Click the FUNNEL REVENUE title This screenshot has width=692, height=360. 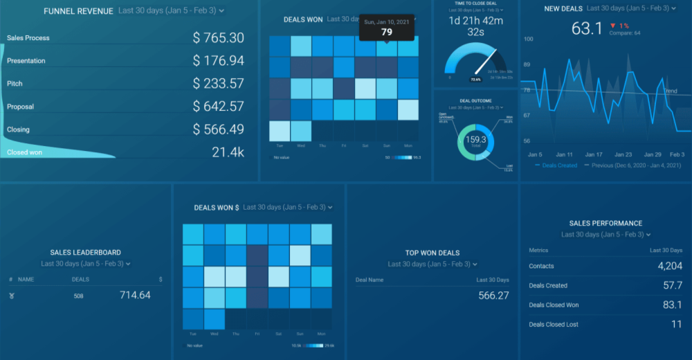tap(78, 11)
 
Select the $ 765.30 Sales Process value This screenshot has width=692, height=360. tap(219, 38)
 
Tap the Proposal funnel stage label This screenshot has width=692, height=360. tap(20, 107)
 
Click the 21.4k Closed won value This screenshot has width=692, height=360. tap(228, 152)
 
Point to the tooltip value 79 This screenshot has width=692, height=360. tap(387, 32)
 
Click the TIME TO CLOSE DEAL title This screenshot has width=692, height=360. tap(476, 3)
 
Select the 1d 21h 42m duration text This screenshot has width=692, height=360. tap(476, 20)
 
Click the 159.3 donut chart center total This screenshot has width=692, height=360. tap(475, 140)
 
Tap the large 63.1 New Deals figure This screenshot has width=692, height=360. tap(587, 28)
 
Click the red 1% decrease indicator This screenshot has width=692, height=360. tap(619, 26)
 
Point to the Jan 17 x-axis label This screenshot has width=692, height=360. tap(594, 154)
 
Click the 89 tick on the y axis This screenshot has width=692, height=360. tap(527, 64)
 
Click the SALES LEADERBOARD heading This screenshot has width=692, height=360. tap(85, 253)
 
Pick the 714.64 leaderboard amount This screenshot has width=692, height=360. tap(135, 296)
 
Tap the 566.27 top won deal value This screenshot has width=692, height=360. tap(493, 296)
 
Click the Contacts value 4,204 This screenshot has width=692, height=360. tap(669, 266)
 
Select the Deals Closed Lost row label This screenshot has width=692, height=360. tap(553, 324)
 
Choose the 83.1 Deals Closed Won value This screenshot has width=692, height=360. tap(672, 305)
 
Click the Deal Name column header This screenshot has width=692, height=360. tap(369, 280)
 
